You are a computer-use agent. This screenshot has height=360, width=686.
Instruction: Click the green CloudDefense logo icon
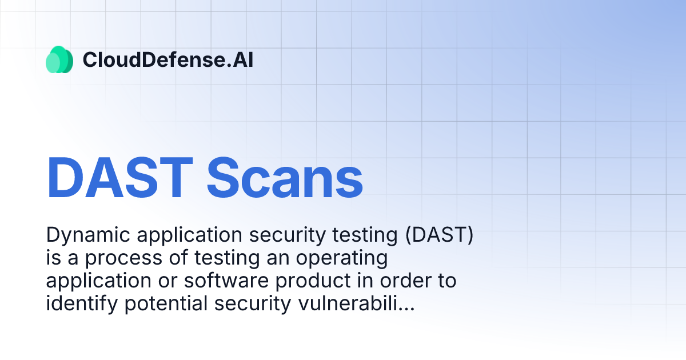coord(59,59)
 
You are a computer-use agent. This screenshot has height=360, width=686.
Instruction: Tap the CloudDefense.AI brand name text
coord(168,59)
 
